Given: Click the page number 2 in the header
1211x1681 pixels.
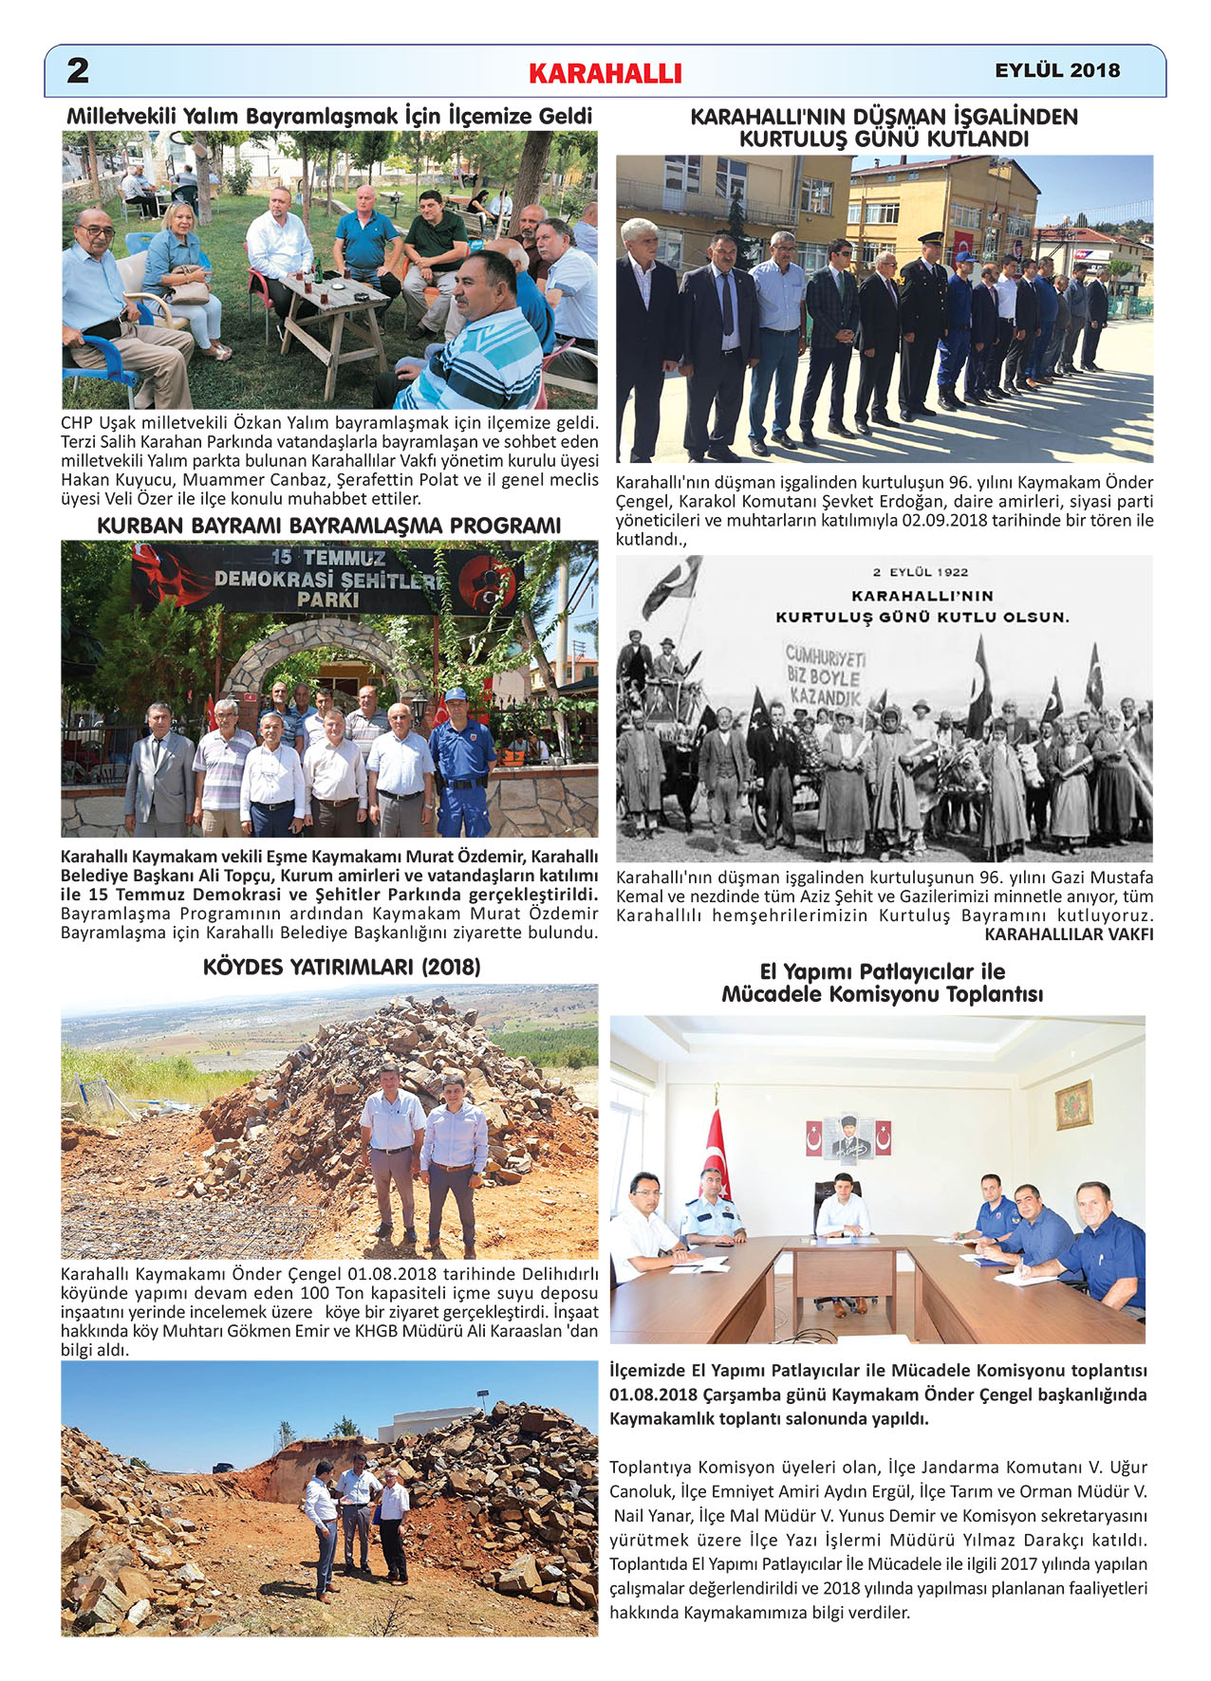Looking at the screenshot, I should tap(78, 70).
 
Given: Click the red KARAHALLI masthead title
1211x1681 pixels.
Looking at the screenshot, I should tap(605, 73).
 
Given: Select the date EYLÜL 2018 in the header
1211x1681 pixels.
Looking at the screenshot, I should tap(1057, 70).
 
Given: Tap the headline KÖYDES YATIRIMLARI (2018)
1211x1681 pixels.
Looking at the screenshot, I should tap(342, 967).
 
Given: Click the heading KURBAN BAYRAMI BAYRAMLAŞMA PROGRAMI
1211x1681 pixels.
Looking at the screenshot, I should tap(329, 526).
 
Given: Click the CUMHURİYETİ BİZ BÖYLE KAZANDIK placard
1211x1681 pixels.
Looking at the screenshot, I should tap(824, 675).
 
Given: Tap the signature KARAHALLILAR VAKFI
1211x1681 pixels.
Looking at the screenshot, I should tap(1069, 934).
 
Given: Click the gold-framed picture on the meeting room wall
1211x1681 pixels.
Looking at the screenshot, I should tap(1073, 1105).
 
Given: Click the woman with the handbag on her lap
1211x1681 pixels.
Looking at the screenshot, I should tap(184, 275).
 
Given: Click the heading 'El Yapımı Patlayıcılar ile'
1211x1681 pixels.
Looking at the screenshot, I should tap(882, 971).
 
